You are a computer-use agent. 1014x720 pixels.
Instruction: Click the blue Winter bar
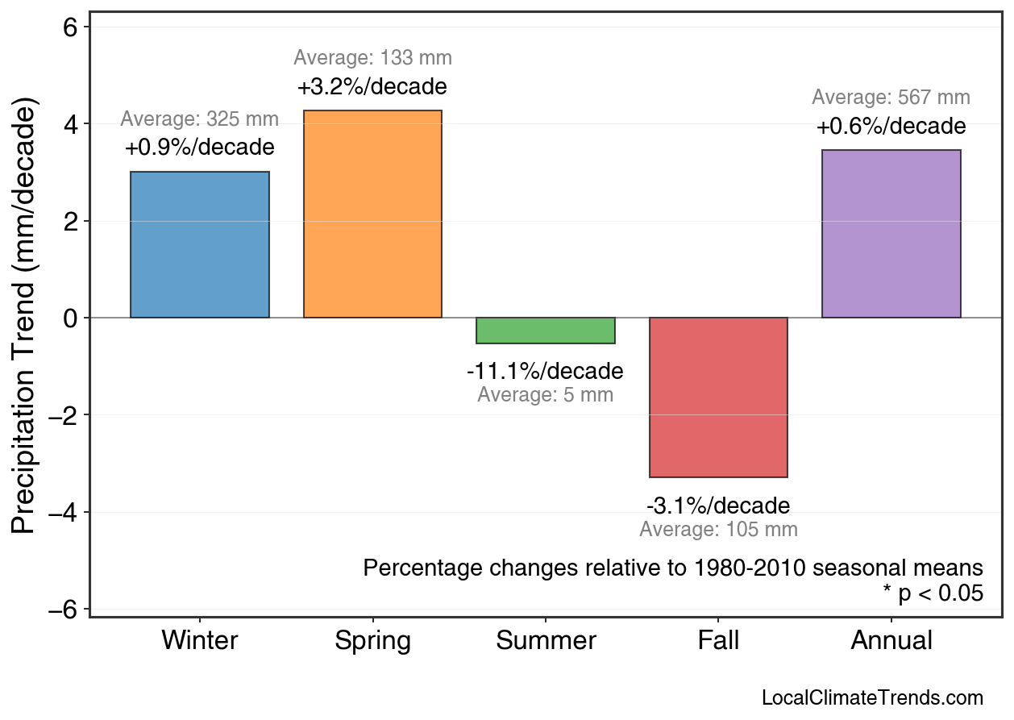tap(200, 245)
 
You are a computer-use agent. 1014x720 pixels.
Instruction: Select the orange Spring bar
tap(372, 214)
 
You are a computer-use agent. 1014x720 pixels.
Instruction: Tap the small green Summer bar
tap(546, 331)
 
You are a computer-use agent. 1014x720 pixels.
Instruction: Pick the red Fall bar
tap(718, 397)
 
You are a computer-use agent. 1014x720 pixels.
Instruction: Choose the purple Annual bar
tap(891, 234)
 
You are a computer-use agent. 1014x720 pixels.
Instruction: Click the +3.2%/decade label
tap(372, 86)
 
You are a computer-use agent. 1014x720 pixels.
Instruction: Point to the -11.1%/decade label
tap(545, 372)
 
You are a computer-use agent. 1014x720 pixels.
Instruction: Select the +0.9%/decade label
tap(199, 148)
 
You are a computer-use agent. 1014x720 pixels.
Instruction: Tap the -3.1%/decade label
tap(718, 506)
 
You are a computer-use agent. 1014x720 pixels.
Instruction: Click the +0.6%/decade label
tap(891, 127)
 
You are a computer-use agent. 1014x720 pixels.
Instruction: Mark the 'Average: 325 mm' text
tap(199, 119)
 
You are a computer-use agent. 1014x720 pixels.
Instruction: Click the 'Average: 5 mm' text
tap(545, 395)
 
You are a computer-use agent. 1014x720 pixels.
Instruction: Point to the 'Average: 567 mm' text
tap(891, 98)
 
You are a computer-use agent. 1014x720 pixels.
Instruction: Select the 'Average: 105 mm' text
tap(718, 530)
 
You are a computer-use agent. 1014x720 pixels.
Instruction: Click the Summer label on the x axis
tap(546, 641)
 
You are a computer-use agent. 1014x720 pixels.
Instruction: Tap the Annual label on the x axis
tap(891, 641)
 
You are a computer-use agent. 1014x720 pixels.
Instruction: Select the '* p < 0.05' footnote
tap(933, 593)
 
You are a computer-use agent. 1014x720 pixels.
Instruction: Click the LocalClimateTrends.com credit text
tap(872, 698)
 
